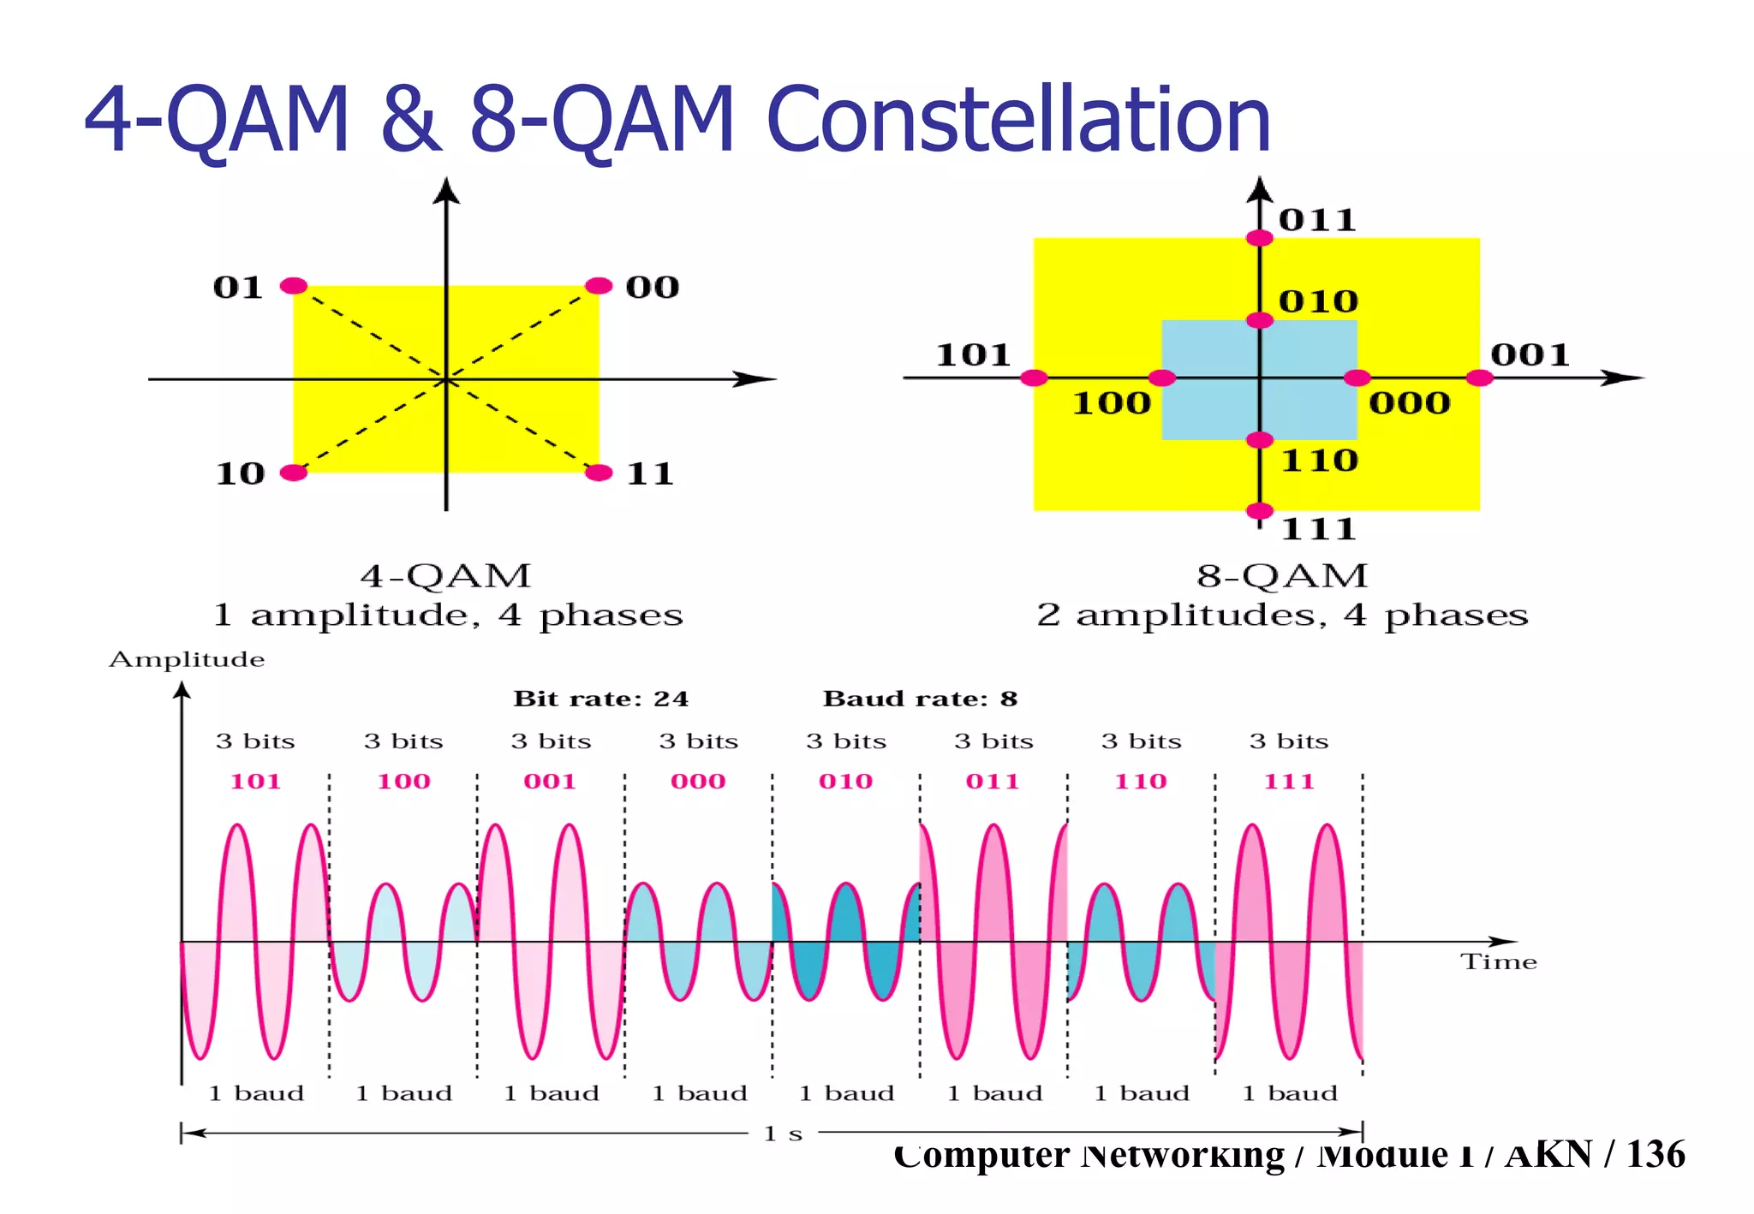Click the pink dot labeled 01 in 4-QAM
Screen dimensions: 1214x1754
click(294, 286)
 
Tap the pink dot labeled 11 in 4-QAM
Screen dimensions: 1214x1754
click(599, 473)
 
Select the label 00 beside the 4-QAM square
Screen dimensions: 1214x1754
click(652, 287)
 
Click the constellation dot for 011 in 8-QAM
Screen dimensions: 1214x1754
click(1259, 238)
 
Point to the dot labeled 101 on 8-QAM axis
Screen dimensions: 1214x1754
click(1035, 378)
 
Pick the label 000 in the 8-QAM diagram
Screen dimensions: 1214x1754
click(1409, 402)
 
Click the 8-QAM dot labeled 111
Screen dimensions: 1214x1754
click(1259, 511)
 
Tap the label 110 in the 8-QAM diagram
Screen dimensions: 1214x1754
click(1319, 461)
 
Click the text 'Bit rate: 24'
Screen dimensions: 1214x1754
click(600, 699)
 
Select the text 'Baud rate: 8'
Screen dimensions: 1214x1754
click(920, 699)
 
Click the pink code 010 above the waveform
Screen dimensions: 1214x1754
click(845, 781)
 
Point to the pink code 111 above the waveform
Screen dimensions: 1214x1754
click(1288, 781)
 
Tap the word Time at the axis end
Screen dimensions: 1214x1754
click(1498, 961)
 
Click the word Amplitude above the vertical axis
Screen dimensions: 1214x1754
click(187, 659)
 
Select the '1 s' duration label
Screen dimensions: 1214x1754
click(783, 1134)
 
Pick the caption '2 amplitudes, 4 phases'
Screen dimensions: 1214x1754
click(1282, 615)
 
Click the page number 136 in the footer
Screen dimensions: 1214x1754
click(1656, 1154)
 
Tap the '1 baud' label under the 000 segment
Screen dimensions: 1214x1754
click(699, 1093)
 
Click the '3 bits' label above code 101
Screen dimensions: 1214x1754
click(255, 741)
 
